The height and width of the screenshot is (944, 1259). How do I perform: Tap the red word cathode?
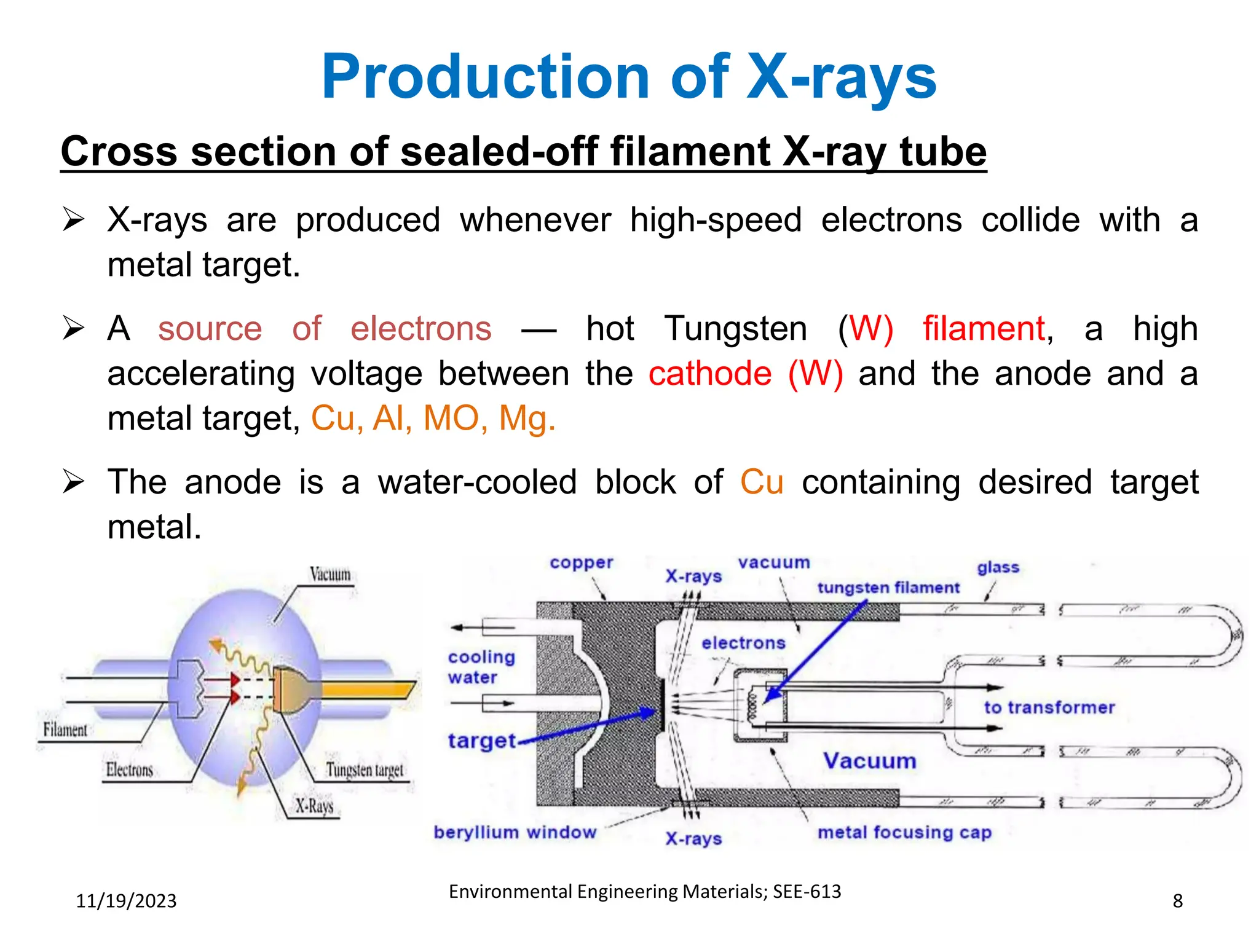[709, 374]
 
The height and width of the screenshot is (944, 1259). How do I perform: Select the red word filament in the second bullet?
[984, 328]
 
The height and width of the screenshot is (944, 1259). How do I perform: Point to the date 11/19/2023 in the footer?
[126, 901]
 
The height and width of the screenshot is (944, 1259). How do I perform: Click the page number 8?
[1177, 901]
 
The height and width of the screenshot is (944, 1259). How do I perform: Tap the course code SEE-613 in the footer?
[807, 891]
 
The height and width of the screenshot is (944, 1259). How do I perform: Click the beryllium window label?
[515, 832]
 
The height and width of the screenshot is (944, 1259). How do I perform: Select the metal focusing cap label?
[904, 832]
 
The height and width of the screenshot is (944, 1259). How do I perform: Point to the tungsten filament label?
[888, 588]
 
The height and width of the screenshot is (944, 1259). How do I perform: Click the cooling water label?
[481, 667]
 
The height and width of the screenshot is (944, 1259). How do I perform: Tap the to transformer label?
[1049, 707]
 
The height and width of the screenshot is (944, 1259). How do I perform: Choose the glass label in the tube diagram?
[998, 567]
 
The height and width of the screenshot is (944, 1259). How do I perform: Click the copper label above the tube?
[581, 563]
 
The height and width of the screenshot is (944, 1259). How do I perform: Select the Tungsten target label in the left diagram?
[365, 770]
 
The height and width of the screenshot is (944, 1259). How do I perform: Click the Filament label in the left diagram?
[65, 730]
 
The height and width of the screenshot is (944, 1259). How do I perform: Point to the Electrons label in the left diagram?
[129, 770]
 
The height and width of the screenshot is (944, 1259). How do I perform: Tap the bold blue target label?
[481, 741]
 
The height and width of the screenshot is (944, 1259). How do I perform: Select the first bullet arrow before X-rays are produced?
[73, 219]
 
